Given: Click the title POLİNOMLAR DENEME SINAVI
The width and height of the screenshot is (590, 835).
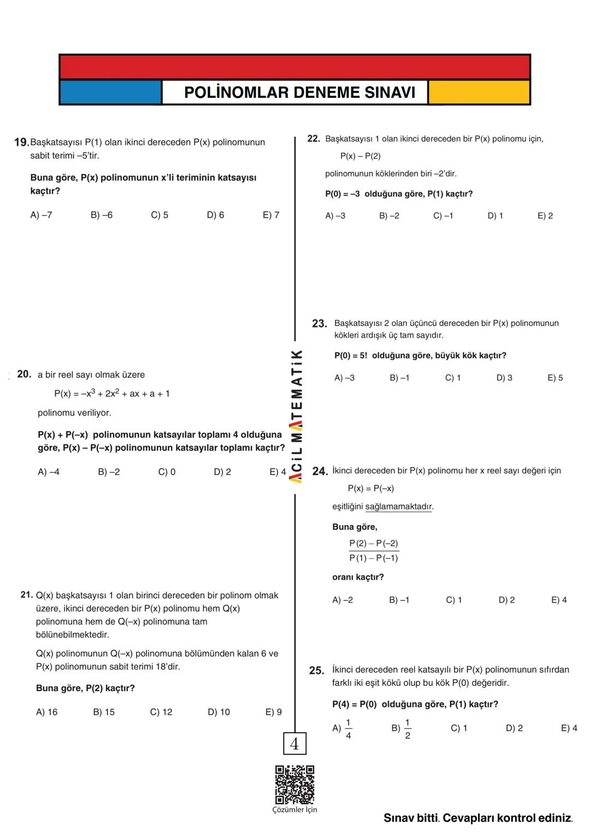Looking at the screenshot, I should [299, 92].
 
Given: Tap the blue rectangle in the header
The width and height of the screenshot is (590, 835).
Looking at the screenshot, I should [110, 92].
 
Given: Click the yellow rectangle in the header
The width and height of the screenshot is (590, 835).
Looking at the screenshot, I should [479, 92].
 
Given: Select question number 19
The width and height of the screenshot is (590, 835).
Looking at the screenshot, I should [21, 142].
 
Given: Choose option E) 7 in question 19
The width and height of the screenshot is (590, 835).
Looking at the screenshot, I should [271, 215].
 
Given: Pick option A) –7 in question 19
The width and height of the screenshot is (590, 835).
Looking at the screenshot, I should [41, 215].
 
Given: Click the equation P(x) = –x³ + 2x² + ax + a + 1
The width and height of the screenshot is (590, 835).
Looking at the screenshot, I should [112, 393].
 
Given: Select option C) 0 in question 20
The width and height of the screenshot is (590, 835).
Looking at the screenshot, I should [167, 472].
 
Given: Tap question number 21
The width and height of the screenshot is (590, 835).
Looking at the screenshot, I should [27, 594].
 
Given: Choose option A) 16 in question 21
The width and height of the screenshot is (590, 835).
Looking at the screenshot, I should [46, 712].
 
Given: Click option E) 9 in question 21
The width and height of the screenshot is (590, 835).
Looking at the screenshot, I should [274, 712].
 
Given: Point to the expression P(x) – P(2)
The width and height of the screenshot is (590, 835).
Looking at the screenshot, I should [360, 156].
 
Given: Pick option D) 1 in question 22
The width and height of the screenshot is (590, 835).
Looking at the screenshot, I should [495, 215].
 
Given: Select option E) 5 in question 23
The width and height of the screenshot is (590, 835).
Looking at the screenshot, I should [555, 378].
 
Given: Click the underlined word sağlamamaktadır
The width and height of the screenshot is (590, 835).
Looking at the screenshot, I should [398, 506].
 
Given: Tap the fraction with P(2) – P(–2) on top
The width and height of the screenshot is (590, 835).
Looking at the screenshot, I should [374, 551].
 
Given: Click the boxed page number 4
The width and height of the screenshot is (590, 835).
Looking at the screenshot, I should [294, 744].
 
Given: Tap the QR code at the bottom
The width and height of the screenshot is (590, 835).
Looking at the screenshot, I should [294, 785].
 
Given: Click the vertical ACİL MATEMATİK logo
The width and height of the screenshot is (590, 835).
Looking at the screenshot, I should [296, 416].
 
